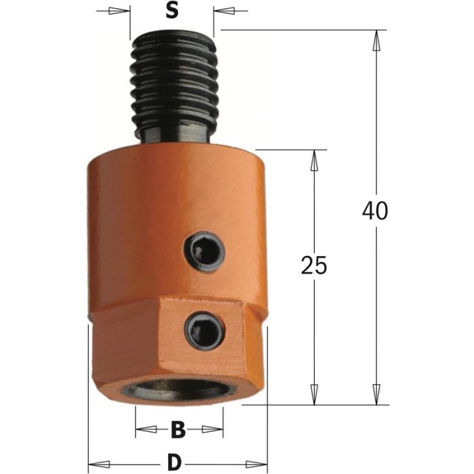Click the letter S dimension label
tap(172, 12)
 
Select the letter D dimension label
tap(175, 462)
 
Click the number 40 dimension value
tap(374, 211)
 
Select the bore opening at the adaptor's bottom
tap(178, 393)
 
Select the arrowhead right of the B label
tap(216, 429)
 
